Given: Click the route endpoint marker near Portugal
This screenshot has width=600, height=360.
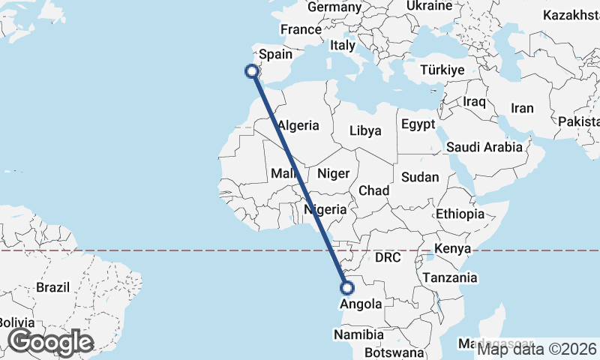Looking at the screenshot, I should coord(252,71).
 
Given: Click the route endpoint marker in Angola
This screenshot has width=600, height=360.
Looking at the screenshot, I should coord(346,286).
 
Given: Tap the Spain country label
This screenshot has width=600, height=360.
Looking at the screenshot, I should coord(275,55).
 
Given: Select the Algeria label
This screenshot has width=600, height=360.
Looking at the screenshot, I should coord(298,126).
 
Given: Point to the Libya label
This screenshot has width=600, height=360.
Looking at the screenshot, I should coord(365,130).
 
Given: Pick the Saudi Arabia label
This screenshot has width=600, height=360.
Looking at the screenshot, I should coord(484,147).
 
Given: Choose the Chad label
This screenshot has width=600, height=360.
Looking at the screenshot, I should coord(373,190).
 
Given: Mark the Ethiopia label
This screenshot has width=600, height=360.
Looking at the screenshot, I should coord(460,214).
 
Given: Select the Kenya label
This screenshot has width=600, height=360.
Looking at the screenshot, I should coord(452,248).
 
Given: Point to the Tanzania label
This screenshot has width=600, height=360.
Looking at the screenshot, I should coord(450,277).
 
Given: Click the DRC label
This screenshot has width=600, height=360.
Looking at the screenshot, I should coord(388,258).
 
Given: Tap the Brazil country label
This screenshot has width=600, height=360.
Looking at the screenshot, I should coord(52,287).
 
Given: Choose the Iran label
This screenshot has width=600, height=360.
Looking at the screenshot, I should coord(522,108).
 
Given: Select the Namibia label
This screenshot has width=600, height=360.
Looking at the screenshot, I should coord(360,334).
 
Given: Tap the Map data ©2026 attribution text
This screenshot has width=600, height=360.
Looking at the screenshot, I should coord(537,348).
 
